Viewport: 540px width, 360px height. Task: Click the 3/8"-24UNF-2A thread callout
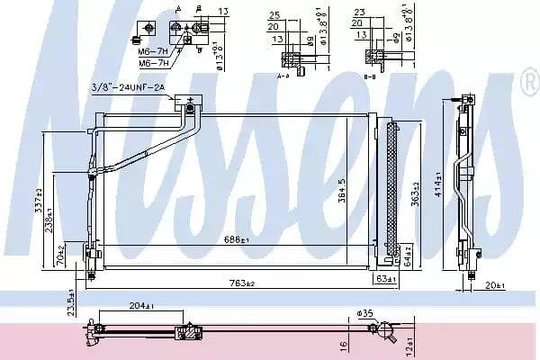[x=128, y=86]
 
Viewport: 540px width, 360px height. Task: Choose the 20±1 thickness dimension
[x=493, y=286]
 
